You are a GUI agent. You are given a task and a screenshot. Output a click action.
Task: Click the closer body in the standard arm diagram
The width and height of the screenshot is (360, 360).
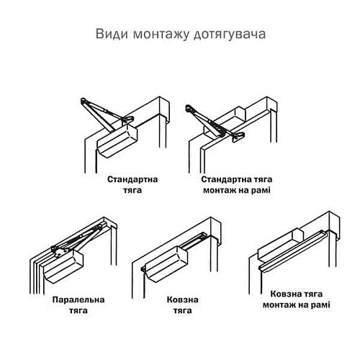click(x=117, y=140)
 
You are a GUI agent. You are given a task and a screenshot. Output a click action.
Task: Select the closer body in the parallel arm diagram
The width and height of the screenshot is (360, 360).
click(x=65, y=267)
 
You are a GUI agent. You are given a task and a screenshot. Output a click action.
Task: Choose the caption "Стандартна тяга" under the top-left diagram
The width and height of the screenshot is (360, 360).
click(x=132, y=184)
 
